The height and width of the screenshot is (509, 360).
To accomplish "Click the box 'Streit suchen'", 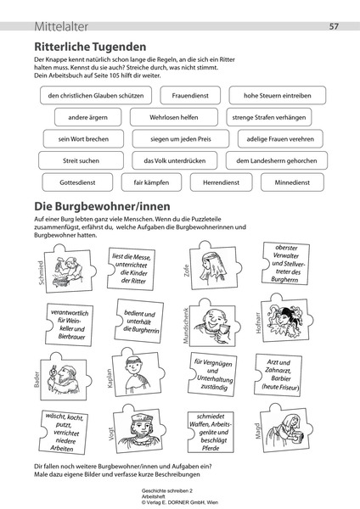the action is [81, 159].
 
